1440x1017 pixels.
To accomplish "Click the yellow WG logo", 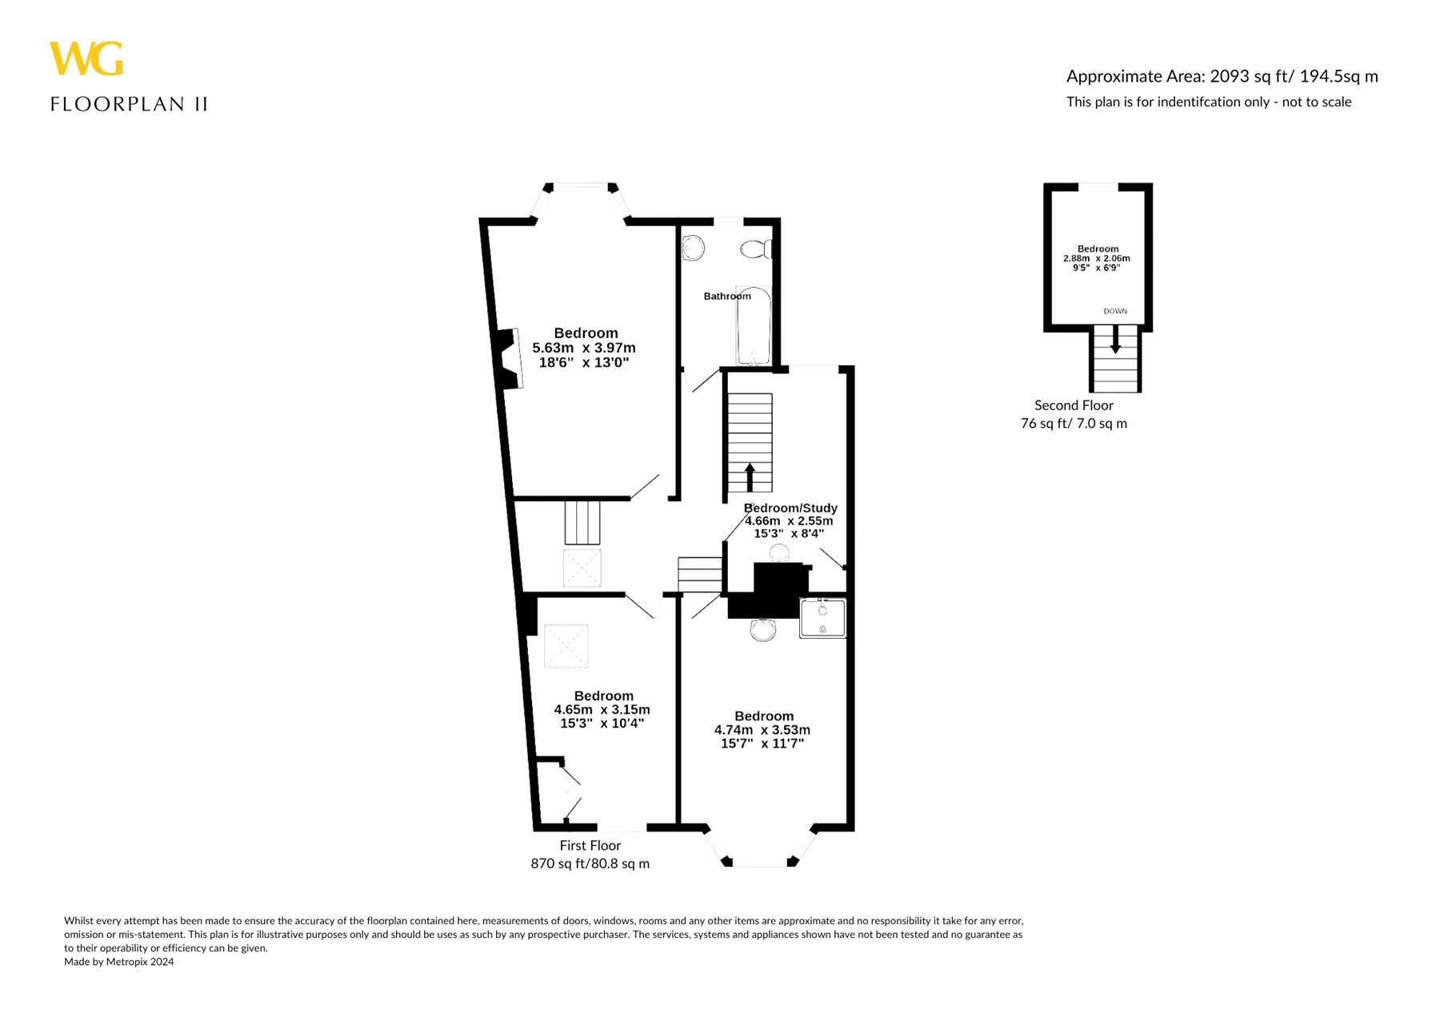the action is [86, 58].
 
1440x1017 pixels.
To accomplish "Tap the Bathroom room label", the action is [727, 296].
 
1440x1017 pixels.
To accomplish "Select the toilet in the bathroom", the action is [756, 249].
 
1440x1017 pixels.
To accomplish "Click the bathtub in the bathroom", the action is [754, 325].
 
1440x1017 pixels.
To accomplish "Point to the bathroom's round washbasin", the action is [694, 248].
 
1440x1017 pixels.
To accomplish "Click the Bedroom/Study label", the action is [790, 508].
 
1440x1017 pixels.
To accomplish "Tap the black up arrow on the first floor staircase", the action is [750, 477].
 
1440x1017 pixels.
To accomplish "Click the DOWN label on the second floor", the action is [1115, 311].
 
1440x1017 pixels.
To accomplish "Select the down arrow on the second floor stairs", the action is [1115, 341].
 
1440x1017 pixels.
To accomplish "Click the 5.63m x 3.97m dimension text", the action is [584, 348].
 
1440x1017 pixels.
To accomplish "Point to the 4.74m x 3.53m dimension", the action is [762, 730].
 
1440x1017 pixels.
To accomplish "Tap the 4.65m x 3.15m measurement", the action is [602, 710].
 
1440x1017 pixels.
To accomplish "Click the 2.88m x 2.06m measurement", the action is [1097, 258].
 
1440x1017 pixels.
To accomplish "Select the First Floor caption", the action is [590, 845].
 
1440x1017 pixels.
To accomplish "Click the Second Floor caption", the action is [1074, 405].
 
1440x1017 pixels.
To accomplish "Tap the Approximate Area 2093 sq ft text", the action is [1222, 77].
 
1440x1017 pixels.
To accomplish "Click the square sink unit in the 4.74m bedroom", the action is [822, 619].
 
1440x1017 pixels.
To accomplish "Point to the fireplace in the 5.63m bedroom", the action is [509, 359].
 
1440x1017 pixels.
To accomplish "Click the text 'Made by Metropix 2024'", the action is [119, 962].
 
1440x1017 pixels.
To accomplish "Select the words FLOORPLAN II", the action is [129, 104].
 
